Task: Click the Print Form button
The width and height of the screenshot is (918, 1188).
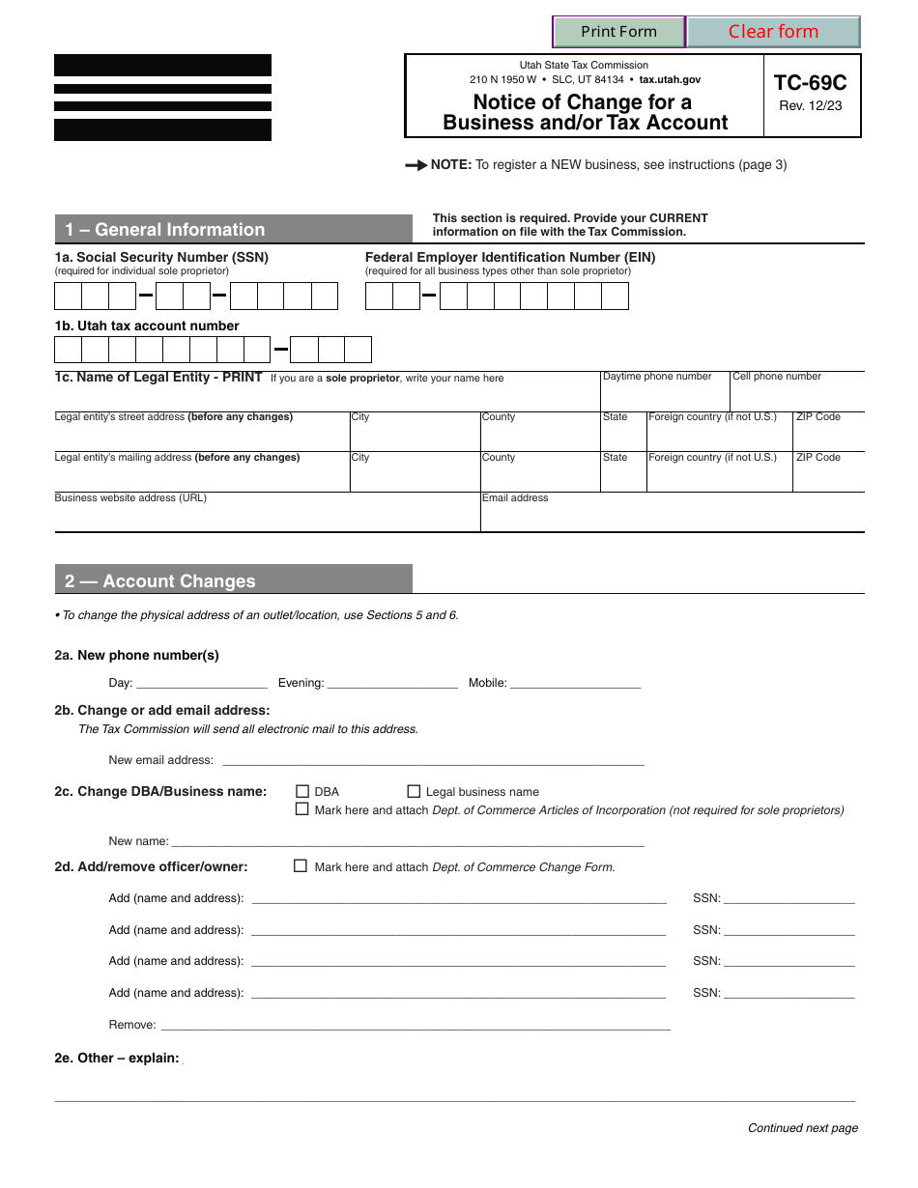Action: tap(618, 32)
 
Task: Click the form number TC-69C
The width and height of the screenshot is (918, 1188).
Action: tap(810, 83)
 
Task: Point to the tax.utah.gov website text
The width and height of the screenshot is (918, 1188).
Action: tap(670, 80)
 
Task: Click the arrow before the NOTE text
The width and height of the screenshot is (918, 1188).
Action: tap(416, 165)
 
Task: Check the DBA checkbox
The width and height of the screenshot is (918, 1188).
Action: tap(302, 790)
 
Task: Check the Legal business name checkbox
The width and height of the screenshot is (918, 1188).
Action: tap(415, 790)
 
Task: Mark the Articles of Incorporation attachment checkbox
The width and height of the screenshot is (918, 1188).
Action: tap(302, 809)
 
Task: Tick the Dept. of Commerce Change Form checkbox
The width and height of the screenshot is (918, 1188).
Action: tap(301, 866)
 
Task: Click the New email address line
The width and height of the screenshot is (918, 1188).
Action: tap(432, 760)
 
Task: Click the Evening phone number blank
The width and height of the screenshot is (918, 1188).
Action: tap(392, 683)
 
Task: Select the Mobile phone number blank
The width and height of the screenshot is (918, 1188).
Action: tap(575, 683)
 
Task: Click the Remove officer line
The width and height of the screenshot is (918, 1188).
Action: tap(416, 1025)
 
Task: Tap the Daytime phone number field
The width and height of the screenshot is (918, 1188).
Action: tap(664, 395)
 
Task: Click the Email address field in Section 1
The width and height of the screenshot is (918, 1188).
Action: tap(672, 516)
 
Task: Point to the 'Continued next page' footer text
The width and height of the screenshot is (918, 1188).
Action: tap(802, 1128)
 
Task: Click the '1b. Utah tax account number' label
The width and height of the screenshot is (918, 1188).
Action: tap(147, 325)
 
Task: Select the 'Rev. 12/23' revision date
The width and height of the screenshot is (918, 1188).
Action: tap(810, 105)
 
